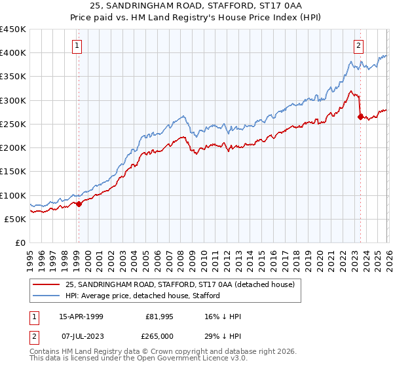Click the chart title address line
(x=196, y=6)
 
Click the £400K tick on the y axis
(x=13, y=53)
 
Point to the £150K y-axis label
(x=13, y=172)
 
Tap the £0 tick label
(x=20, y=243)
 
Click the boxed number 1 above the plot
(x=77, y=46)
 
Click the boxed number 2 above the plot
(x=359, y=46)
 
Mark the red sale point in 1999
(x=79, y=204)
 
